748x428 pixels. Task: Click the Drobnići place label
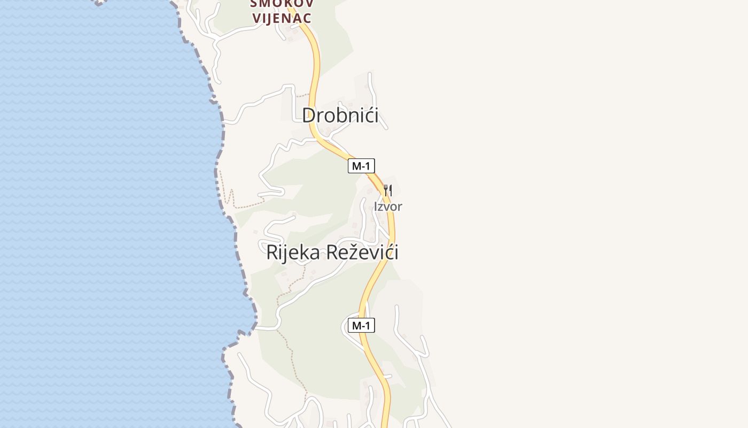pyautogui.click(x=340, y=116)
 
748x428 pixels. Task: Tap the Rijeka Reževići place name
pyautogui.click(x=332, y=253)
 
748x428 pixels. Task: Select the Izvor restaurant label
pyautogui.click(x=388, y=207)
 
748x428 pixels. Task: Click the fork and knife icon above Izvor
pyautogui.click(x=388, y=190)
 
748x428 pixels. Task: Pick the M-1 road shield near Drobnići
pyautogui.click(x=361, y=166)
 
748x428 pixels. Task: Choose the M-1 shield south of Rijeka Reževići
pyautogui.click(x=361, y=325)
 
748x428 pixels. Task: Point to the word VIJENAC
pyautogui.click(x=282, y=18)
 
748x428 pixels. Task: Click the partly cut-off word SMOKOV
pyautogui.click(x=282, y=3)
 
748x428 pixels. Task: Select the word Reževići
pyautogui.click(x=362, y=253)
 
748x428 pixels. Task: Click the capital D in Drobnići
pyautogui.click(x=309, y=116)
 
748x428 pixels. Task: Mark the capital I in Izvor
pyautogui.click(x=376, y=207)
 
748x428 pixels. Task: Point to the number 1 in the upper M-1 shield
pyautogui.click(x=368, y=166)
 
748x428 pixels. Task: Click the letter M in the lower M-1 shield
pyautogui.click(x=356, y=325)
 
